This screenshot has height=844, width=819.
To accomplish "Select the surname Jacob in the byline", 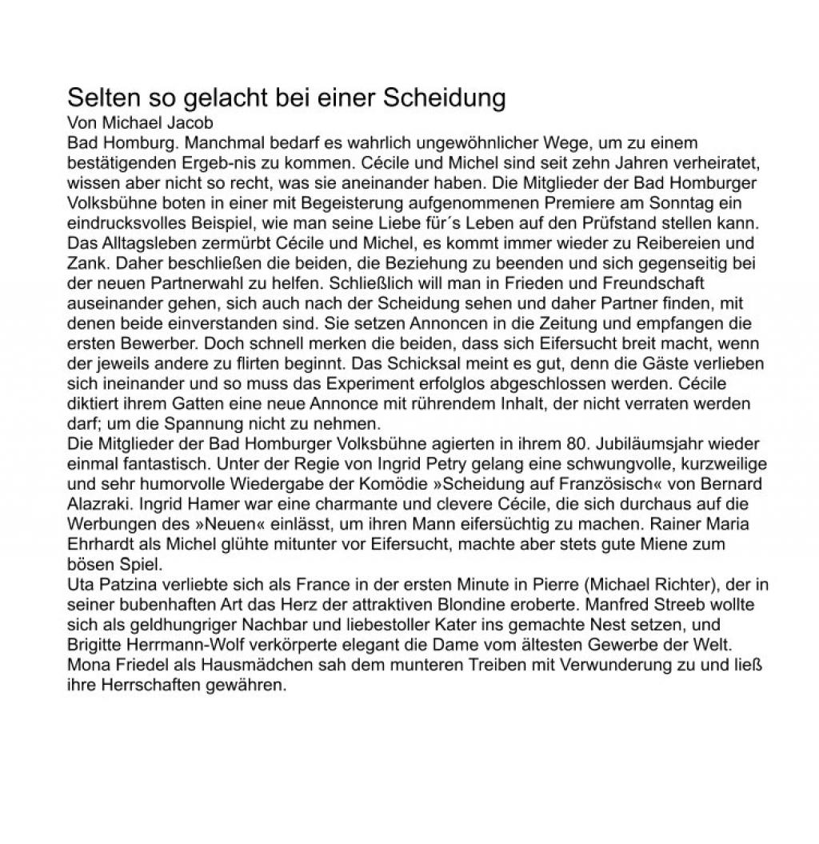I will click(x=193, y=124).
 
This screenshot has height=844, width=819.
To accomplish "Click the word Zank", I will click(x=86, y=263).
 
